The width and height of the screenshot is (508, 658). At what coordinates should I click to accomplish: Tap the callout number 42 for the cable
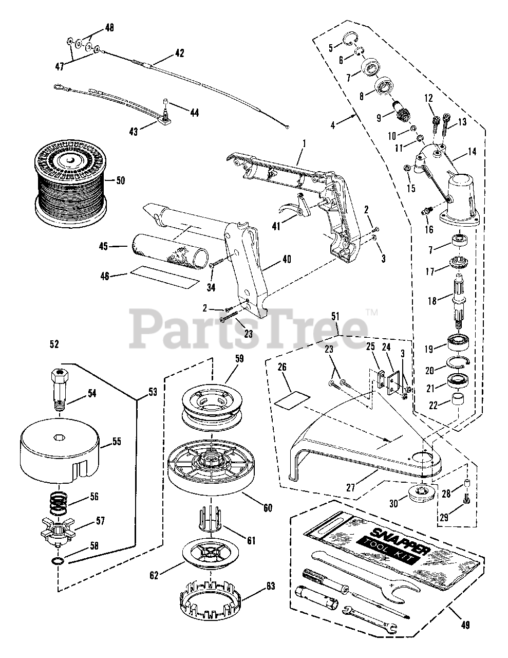click(179, 52)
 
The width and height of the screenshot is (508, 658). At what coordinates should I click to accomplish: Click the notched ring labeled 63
click(211, 601)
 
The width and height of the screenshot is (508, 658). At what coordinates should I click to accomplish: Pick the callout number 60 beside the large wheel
click(268, 508)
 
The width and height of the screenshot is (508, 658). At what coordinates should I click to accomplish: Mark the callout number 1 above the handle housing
click(303, 142)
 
